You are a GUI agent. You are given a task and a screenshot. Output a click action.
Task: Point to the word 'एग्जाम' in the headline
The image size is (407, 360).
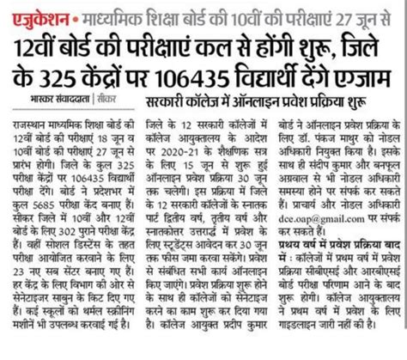pos(368,74)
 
